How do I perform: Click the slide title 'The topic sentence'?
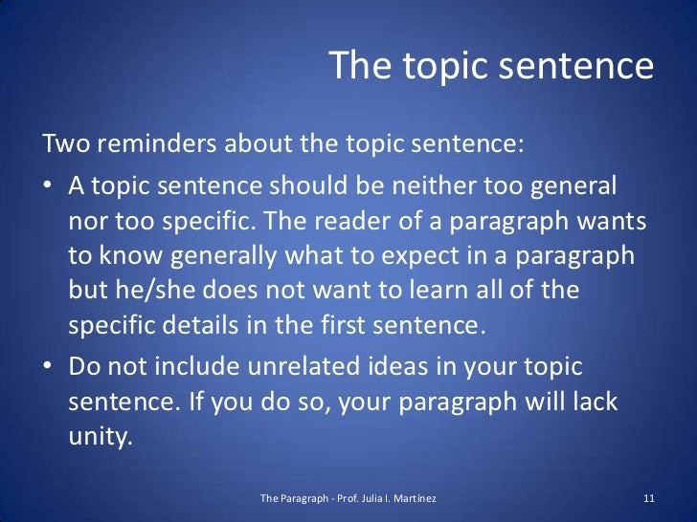pyautogui.click(x=490, y=67)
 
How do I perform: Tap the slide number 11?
pyautogui.click(x=648, y=499)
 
